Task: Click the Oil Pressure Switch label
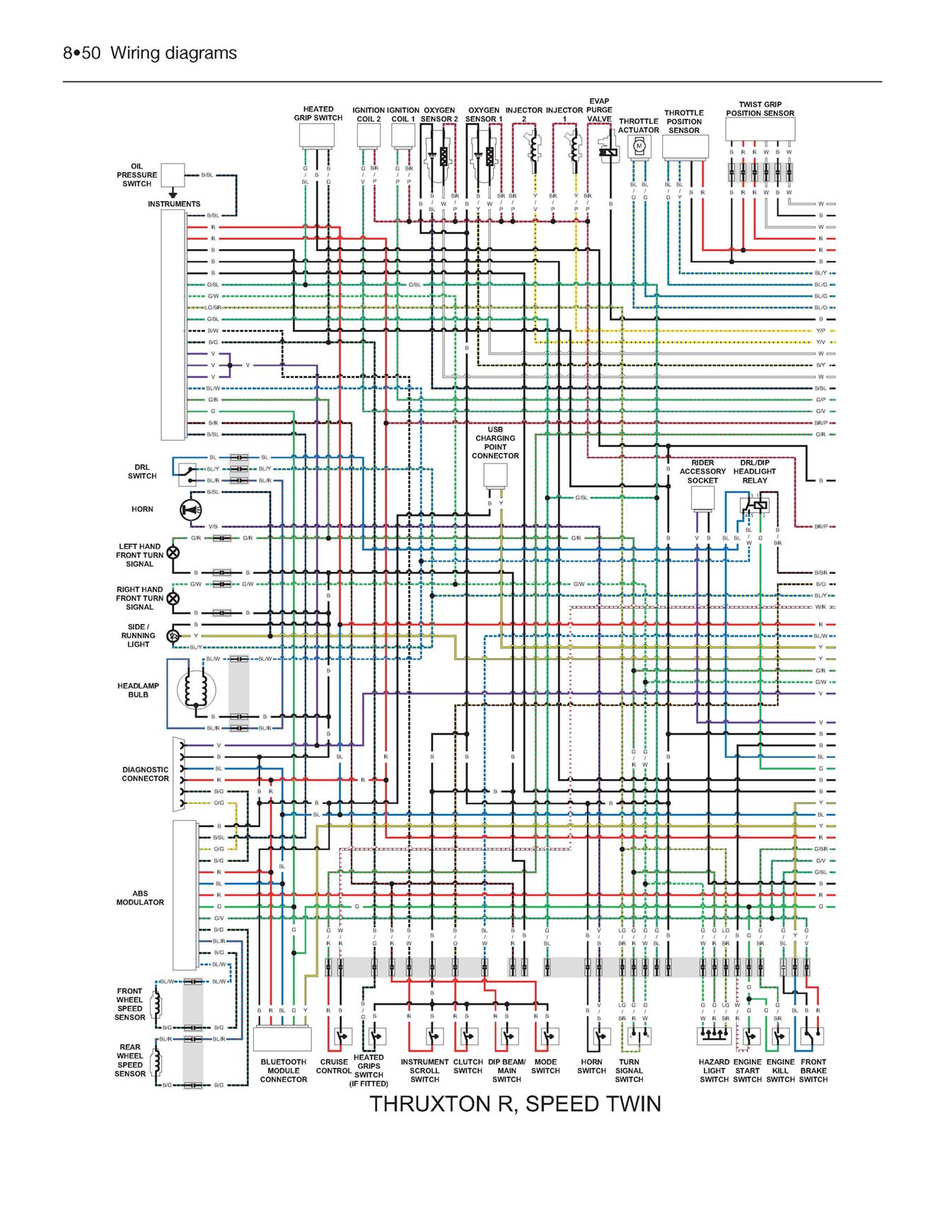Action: [137, 175]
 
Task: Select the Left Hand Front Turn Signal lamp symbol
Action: [173, 553]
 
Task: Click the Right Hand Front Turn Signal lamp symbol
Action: [173, 598]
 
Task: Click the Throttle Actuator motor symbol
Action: [639, 146]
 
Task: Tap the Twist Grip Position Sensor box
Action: [760, 129]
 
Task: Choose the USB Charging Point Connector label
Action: [495, 443]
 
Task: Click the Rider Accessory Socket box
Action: [702, 497]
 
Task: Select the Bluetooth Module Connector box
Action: [282, 1039]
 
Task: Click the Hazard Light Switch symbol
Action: [714, 1036]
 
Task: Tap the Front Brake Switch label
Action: [813, 1071]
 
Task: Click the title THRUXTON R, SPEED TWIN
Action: [515, 1105]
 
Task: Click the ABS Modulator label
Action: [140, 898]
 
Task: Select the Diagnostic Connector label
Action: [145, 774]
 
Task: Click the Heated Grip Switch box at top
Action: [317, 135]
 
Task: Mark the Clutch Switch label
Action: [468, 1066]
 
